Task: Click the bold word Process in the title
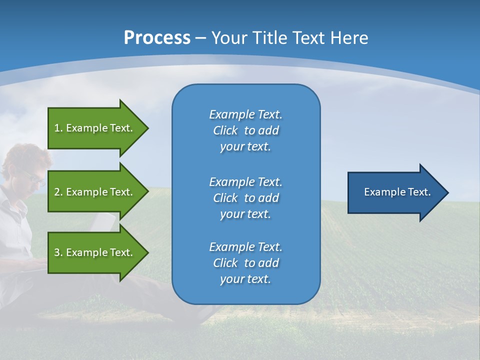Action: [x=157, y=38]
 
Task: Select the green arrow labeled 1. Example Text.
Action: [x=95, y=128]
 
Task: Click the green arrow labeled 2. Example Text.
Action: [x=95, y=192]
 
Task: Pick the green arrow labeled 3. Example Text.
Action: [x=95, y=252]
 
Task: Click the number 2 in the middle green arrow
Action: [x=57, y=192]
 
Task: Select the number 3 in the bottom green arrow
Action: [x=57, y=252]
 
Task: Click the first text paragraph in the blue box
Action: [x=245, y=130]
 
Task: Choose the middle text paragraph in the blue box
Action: [x=245, y=198]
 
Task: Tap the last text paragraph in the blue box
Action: [x=245, y=263]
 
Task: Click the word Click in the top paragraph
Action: [x=225, y=130]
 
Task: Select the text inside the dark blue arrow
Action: [x=397, y=192]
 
